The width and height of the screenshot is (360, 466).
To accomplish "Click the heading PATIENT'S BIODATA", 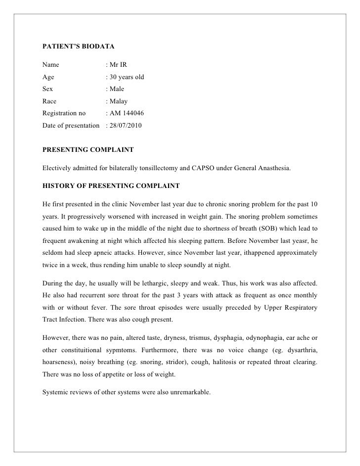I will click(x=78, y=47).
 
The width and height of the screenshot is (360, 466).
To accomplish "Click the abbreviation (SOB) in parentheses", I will click(x=268, y=229).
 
